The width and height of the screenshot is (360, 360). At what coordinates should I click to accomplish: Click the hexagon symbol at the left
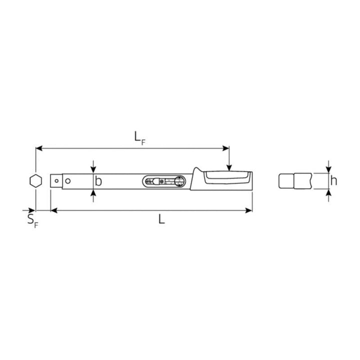(x=34, y=181)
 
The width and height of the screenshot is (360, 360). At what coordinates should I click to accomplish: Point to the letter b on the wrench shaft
(x=98, y=181)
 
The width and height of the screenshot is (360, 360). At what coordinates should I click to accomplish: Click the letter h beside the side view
(x=333, y=180)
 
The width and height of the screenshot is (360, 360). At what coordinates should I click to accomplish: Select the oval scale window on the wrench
(x=163, y=181)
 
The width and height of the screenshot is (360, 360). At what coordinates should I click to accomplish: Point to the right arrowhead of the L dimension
(x=249, y=210)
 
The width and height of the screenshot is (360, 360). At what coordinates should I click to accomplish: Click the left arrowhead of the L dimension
(x=53, y=210)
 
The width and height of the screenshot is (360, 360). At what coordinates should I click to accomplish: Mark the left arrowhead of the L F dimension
(x=38, y=148)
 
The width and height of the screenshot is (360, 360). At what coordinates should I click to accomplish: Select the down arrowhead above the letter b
(x=93, y=170)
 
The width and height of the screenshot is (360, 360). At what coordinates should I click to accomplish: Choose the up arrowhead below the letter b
(x=93, y=192)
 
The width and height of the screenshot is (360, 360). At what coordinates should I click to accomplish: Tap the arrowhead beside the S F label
(x=32, y=210)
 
